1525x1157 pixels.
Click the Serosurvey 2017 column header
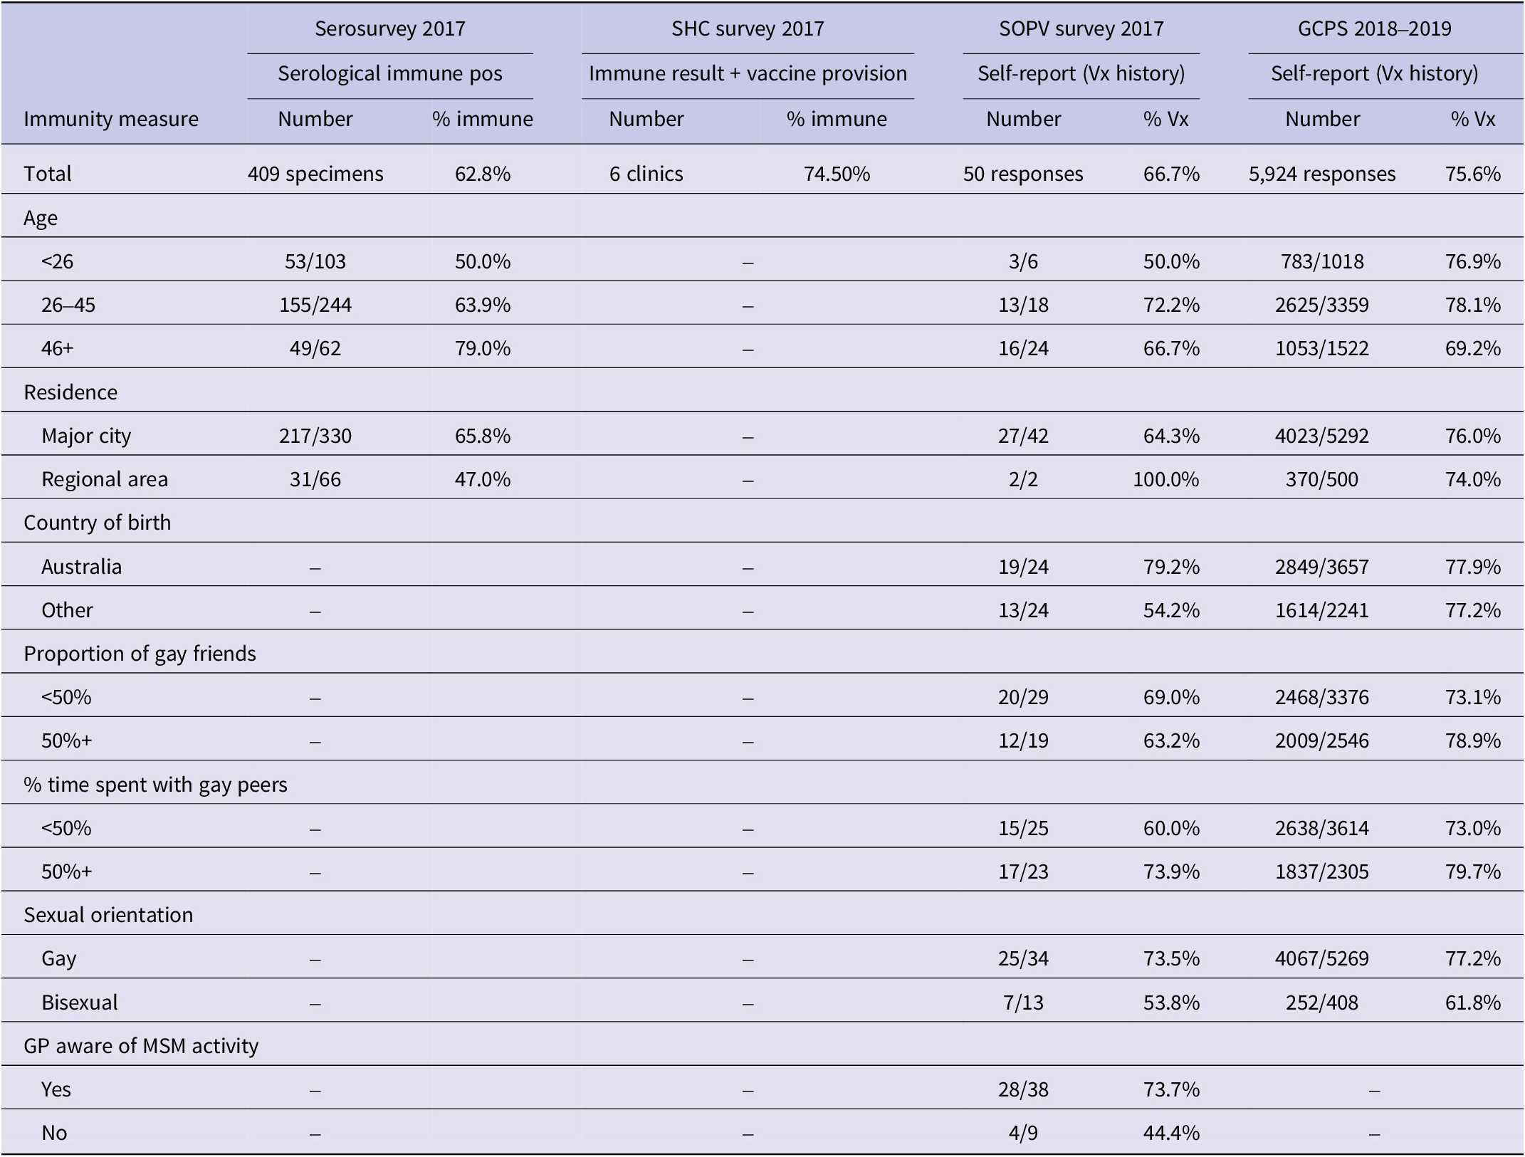(x=390, y=28)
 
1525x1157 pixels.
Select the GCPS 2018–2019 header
(x=1374, y=28)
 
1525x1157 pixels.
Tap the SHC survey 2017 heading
(x=748, y=28)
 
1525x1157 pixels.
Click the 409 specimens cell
(x=315, y=174)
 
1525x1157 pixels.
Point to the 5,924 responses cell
(x=1322, y=174)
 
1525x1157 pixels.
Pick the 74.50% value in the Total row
(x=837, y=174)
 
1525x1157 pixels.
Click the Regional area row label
(x=105, y=479)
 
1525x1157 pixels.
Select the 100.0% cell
(x=1166, y=479)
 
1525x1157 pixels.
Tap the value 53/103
(x=315, y=261)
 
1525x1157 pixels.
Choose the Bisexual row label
(x=80, y=1002)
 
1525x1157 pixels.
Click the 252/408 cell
(x=1322, y=1002)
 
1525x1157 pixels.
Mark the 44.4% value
(x=1171, y=1133)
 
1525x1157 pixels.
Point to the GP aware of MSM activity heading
(x=141, y=1046)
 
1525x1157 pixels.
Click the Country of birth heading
(x=98, y=523)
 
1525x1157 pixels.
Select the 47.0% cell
(x=483, y=479)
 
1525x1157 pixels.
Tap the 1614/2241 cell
(x=1322, y=610)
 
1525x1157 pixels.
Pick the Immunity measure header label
(x=111, y=119)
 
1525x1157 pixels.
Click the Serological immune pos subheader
(x=390, y=73)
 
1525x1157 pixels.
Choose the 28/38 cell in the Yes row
(x=1023, y=1089)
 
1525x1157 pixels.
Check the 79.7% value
(x=1473, y=871)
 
